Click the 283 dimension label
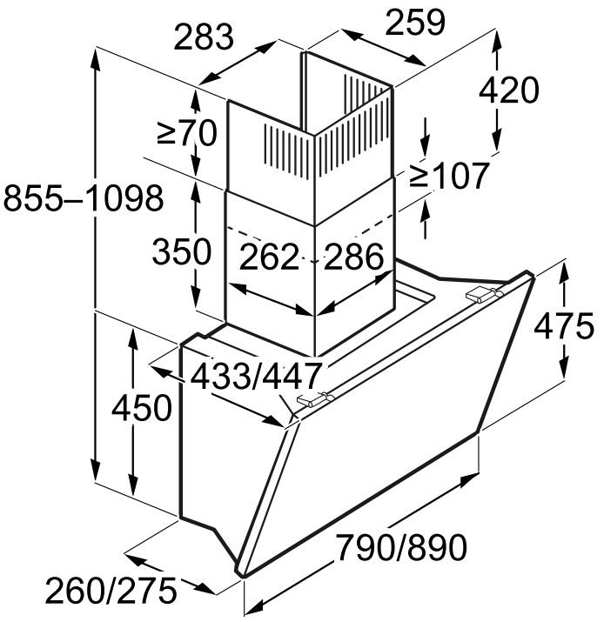[x=203, y=37]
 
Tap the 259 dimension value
[x=415, y=23]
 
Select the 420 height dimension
[x=509, y=90]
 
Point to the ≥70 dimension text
[x=187, y=133]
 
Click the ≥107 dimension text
[x=448, y=176]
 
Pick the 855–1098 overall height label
[x=83, y=197]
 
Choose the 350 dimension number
[x=182, y=251]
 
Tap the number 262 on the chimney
[x=269, y=257]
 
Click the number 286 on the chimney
[x=354, y=257]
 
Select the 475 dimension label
[x=564, y=326]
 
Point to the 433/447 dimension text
[x=256, y=376]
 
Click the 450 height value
[x=142, y=407]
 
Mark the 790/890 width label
[x=401, y=547]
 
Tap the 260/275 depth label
[x=111, y=591]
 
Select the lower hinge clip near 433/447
[x=316, y=398]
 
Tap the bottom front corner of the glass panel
[x=243, y=573]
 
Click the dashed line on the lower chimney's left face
[x=270, y=243]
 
